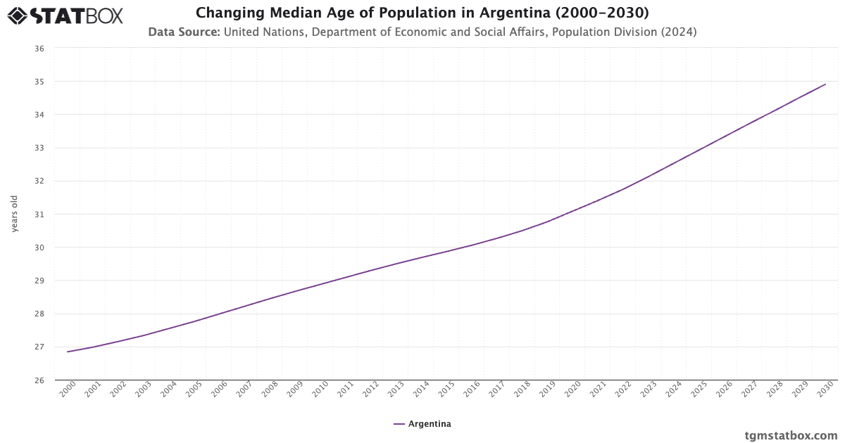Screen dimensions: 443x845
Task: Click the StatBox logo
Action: point(65,15)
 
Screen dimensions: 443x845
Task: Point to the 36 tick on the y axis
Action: point(39,49)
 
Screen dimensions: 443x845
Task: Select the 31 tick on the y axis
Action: point(39,214)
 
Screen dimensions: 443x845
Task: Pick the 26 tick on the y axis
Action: point(39,380)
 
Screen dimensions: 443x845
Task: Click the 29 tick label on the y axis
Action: point(39,281)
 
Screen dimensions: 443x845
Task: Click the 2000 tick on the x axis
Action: point(68,390)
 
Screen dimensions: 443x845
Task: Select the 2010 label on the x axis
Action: point(320,390)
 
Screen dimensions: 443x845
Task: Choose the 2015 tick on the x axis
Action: point(446,390)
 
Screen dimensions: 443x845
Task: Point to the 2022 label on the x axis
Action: point(623,390)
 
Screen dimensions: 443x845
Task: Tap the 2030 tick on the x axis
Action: point(825,390)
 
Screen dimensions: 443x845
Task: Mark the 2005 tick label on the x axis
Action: point(194,390)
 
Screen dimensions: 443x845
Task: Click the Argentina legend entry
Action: point(423,424)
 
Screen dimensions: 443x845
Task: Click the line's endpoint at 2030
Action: point(825,84)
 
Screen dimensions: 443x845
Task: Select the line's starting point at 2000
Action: point(68,352)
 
